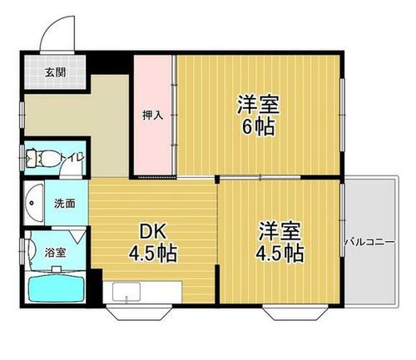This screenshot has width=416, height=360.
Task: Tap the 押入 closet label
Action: (x=153, y=114)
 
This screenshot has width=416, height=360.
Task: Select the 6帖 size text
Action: (x=257, y=128)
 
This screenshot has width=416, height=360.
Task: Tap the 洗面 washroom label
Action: (x=66, y=203)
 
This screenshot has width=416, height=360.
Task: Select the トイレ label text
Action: (x=76, y=156)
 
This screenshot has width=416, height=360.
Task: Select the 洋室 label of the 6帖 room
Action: (x=257, y=106)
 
